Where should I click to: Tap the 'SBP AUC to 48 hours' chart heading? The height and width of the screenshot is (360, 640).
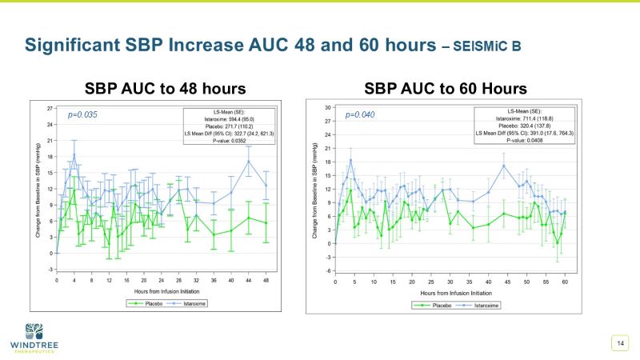pos(165,87)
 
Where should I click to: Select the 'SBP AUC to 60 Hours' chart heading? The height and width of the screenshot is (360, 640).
pos(446,87)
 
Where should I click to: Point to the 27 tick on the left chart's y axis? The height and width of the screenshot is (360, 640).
pos(50,107)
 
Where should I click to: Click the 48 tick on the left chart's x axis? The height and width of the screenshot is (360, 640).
pos(266,280)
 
